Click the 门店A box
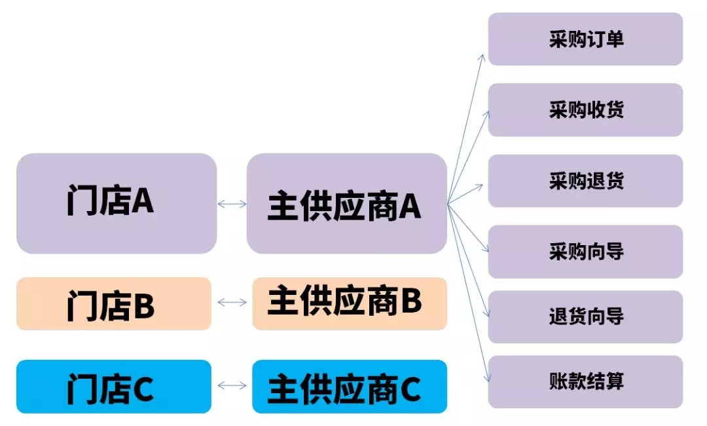(x=117, y=203)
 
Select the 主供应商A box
(x=347, y=203)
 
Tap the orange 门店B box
(x=114, y=303)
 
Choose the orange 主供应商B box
(x=350, y=303)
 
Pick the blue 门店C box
(x=114, y=386)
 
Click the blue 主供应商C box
(x=350, y=386)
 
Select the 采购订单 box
(x=585, y=39)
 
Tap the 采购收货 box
(x=585, y=109)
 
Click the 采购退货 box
(x=585, y=181)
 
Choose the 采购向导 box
(x=585, y=252)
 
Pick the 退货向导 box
(x=585, y=317)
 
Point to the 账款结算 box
(x=585, y=382)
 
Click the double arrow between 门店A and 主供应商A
(x=232, y=204)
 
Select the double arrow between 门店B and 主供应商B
(x=232, y=302)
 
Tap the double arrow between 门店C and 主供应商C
(x=232, y=385)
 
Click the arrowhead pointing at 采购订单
(x=482, y=58)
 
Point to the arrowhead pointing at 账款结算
(x=487, y=378)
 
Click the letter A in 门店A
(x=143, y=201)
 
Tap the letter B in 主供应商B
(x=411, y=301)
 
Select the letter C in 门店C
(x=143, y=389)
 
